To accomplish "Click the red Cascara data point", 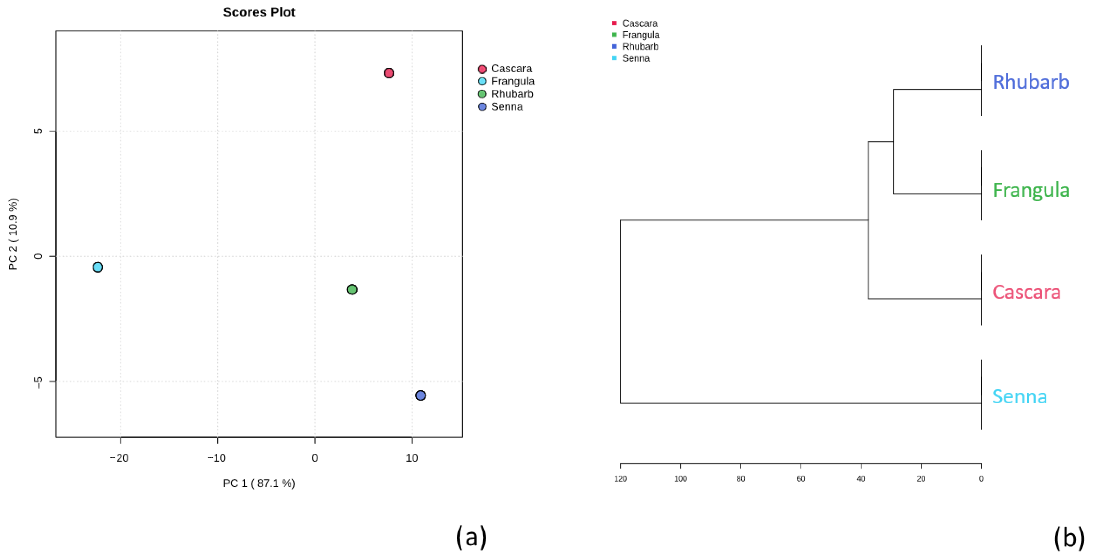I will coord(389,73).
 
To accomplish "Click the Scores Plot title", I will coord(259,12).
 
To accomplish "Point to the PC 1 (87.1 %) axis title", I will coord(259,483).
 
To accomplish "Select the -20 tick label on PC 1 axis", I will coord(119,458).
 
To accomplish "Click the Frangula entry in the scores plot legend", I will coord(512,81).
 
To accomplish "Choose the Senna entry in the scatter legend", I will coord(507,106).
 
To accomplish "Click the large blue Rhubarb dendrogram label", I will coord(1031,82).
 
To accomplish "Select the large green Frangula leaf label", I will coord(1031,190).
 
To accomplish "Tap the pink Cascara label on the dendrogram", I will coord(1026,292).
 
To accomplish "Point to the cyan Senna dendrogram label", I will coord(1019,396).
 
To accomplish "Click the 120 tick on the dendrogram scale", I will coord(620,478).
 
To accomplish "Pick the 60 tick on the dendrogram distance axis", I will coord(800,478).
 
